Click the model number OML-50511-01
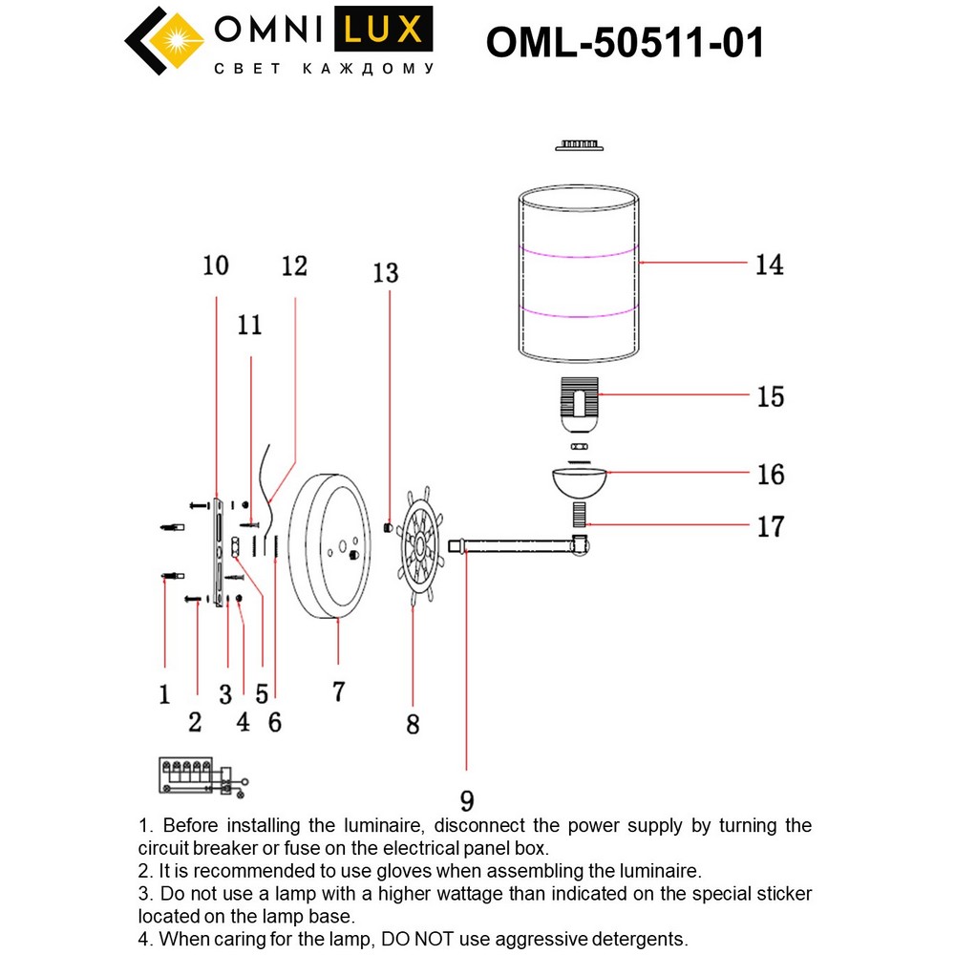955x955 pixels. coord(625,42)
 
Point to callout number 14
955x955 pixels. coord(769,265)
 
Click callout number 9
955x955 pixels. coord(466,800)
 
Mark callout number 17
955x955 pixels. coord(770,525)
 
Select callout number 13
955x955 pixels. coord(386,274)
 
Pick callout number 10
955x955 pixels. coord(217,265)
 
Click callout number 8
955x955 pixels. coord(412,724)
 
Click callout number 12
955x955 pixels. coord(295,265)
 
